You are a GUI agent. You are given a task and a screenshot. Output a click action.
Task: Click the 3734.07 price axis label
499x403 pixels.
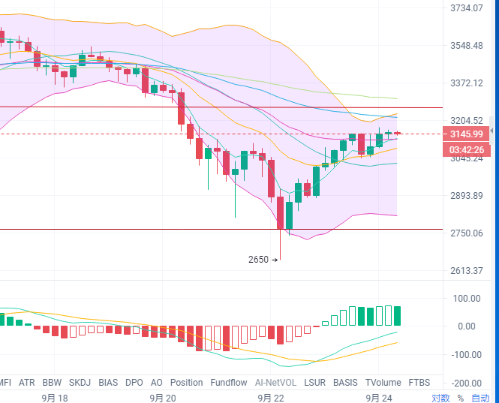466,8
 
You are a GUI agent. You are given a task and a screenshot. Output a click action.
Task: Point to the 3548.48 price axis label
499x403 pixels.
466,46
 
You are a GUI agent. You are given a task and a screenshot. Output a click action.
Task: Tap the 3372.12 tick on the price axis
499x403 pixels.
466,83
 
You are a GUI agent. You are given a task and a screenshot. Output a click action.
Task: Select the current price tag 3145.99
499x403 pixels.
466,134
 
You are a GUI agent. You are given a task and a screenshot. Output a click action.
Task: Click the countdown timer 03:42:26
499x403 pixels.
466,149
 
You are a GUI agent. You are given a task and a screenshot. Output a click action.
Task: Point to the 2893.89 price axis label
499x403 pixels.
466,196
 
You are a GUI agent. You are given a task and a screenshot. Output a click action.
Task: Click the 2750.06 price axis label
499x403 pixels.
466,233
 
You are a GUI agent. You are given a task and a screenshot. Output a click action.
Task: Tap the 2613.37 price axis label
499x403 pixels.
466,271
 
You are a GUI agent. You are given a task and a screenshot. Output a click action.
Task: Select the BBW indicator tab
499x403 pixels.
53,383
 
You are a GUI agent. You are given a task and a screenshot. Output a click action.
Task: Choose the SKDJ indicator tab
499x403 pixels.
80,383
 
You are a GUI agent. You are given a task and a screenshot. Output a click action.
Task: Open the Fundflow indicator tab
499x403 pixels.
229,383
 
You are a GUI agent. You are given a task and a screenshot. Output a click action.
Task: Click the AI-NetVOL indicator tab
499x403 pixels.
276,383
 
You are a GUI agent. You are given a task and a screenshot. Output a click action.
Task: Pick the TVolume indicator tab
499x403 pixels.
384,383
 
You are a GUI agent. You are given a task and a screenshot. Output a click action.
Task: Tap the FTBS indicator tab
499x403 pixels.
419,383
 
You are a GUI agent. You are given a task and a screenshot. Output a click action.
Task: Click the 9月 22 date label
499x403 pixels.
271,398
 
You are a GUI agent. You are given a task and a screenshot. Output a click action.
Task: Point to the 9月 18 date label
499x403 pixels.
55,398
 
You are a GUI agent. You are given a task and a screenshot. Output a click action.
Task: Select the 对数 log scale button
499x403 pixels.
440,398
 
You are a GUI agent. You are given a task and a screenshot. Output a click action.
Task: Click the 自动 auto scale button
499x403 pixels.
480,398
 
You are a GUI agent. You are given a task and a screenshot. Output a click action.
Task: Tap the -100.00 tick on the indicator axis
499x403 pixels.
466,354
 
